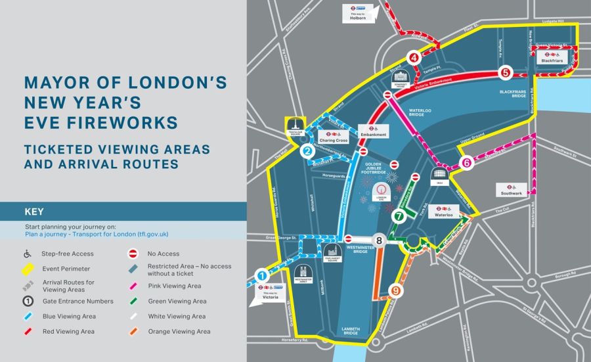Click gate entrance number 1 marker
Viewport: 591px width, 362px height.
pyautogui.click(x=262, y=277)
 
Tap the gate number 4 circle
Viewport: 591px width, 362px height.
pyautogui.click(x=414, y=58)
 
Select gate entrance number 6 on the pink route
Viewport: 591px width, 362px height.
pyautogui.click(x=466, y=163)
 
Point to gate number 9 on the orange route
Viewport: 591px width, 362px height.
pyautogui.click(x=395, y=290)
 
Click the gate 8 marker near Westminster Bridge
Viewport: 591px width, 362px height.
pyautogui.click(x=378, y=240)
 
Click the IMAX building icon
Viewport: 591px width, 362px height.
pyautogui.click(x=439, y=175)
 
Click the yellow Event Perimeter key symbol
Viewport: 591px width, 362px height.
pyautogui.click(x=28, y=268)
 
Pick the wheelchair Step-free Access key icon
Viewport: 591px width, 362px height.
pyautogui.click(x=28, y=254)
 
